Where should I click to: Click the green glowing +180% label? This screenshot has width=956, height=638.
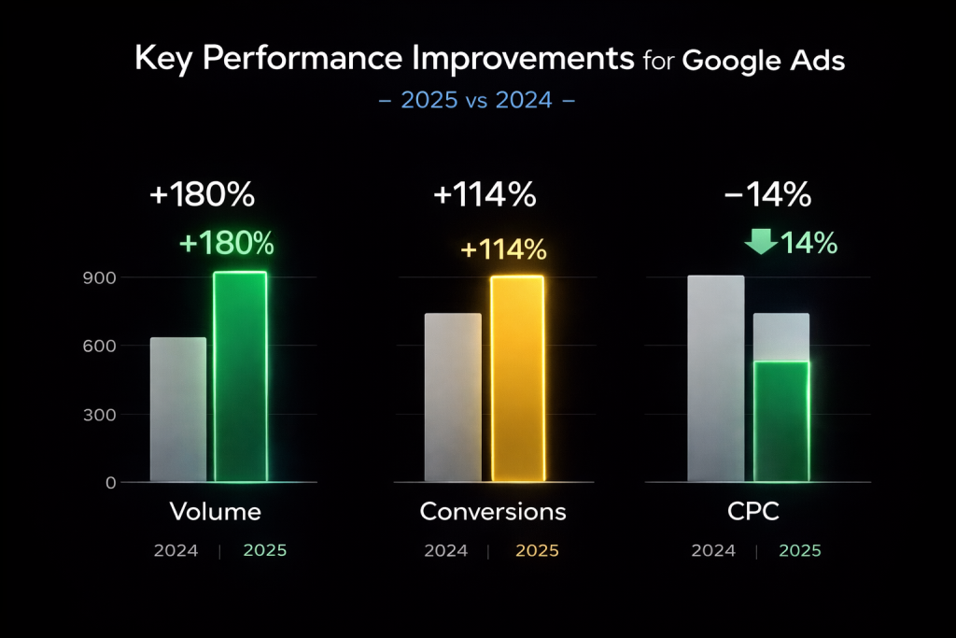click(x=227, y=244)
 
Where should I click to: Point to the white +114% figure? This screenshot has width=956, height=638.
click(x=485, y=195)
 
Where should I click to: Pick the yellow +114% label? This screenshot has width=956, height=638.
click(x=503, y=250)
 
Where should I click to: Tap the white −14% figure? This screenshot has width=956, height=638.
click(x=767, y=195)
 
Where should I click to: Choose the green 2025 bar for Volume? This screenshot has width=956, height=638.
click(x=240, y=377)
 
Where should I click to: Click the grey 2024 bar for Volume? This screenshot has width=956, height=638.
click(x=177, y=410)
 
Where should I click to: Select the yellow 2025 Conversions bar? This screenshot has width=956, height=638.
click(x=516, y=379)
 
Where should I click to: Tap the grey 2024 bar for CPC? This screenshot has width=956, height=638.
click(x=716, y=379)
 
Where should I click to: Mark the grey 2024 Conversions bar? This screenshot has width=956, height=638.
click(x=453, y=398)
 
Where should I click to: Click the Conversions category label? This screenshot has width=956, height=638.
click(x=493, y=512)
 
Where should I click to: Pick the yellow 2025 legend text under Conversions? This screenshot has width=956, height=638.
click(x=537, y=551)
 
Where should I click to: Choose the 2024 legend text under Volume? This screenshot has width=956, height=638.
click(x=176, y=551)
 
